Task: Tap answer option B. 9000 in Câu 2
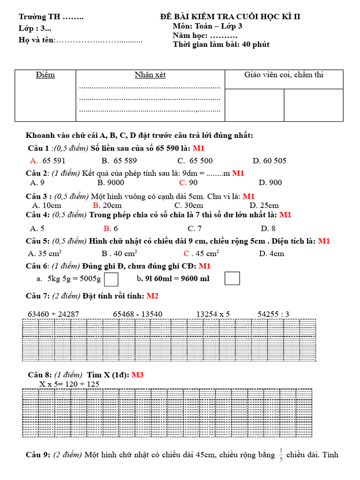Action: coord(111,182)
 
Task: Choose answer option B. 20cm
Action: coord(107,205)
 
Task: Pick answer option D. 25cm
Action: coord(264,205)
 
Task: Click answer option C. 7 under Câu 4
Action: coord(195,228)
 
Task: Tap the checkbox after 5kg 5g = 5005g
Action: coord(111,279)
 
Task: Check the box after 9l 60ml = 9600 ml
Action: coord(232,278)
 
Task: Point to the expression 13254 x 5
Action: coord(213,314)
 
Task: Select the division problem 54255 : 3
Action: coord(273,314)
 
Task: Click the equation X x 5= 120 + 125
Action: coord(69,384)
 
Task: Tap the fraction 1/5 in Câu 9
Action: coord(281,455)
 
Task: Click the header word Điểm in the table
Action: coord(45,75)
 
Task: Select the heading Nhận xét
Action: coord(150,75)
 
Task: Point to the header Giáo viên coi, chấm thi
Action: coord(284,75)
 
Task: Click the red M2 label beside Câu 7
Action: coord(152,296)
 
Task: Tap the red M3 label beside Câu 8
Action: coord(137,375)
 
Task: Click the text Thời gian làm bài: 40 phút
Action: coord(221,45)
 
